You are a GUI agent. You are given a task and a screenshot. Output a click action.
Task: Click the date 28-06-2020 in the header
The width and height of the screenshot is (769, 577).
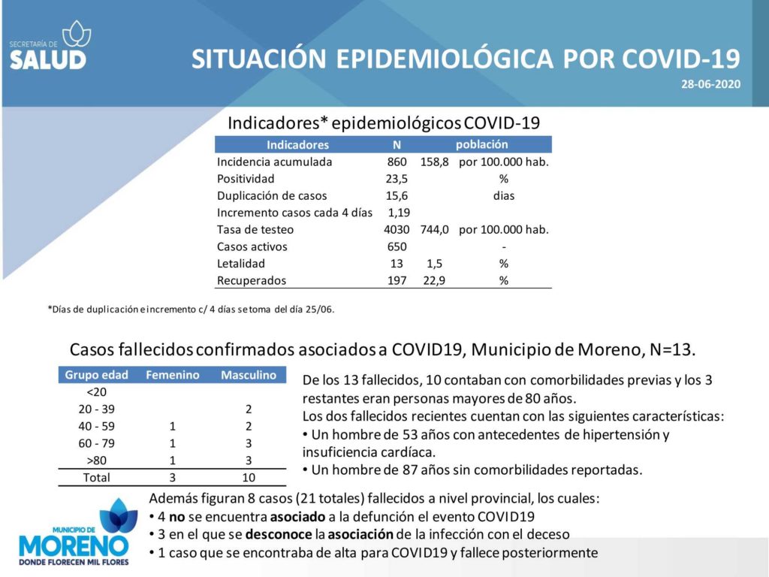click(x=710, y=84)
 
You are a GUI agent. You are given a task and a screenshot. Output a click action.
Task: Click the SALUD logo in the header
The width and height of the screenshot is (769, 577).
click(x=50, y=45)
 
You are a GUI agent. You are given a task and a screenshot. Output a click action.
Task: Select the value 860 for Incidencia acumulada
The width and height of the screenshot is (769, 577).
click(x=397, y=162)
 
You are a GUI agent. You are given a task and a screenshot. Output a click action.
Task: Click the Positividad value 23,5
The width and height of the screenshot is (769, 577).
click(x=397, y=179)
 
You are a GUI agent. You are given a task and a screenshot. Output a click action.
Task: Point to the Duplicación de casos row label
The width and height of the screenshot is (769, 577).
click(x=272, y=196)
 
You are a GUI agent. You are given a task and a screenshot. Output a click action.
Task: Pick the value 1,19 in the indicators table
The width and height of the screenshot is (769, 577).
click(x=399, y=213)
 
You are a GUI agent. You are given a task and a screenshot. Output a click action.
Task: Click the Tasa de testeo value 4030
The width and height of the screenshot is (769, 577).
click(x=397, y=230)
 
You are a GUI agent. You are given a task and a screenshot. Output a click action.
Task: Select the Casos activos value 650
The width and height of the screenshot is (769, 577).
click(x=397, y=246)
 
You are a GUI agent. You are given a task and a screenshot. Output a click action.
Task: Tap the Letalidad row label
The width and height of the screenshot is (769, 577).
click(x=241, y=264)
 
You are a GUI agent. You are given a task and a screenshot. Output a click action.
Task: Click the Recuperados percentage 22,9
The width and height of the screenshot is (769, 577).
click(x=434, y=281)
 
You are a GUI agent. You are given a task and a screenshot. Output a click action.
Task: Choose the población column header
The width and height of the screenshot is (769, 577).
click(x=481, y=144)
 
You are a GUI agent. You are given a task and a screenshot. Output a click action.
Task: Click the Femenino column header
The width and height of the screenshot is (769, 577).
click(x=173, y=375)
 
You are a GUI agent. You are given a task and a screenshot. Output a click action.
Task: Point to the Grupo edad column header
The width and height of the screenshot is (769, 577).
click(x=96, y=375)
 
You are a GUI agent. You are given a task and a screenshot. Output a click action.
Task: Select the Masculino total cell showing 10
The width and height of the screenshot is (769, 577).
click(x=249, y=477)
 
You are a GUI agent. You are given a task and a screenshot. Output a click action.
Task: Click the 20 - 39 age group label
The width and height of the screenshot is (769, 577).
click(x=96, y=409)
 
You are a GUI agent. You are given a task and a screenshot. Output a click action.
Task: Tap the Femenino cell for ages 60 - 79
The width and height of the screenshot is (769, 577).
click(x=173, y=443)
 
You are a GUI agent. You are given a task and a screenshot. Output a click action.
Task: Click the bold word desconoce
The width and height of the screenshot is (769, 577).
click(x=279, y=534)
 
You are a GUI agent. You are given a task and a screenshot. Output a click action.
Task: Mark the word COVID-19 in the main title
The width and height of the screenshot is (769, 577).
click(x=682, y=59)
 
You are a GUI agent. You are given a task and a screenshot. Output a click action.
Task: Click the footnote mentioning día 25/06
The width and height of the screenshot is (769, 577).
click(x=191, y=309)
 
